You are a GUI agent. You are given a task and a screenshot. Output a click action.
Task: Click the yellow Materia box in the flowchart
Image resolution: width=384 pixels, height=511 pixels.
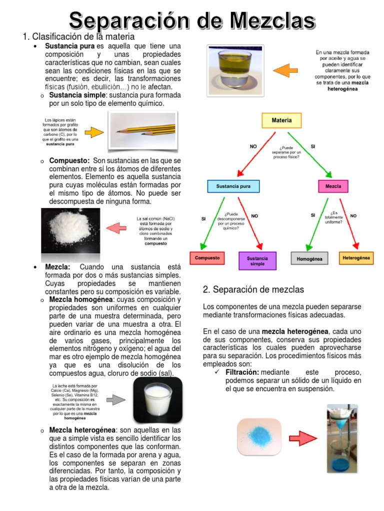click(281, 120)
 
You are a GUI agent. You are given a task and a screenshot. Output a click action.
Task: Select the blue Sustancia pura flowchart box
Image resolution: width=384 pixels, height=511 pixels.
click(233, 186)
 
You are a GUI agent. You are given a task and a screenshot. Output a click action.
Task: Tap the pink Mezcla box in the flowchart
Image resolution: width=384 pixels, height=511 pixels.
click(333, 186)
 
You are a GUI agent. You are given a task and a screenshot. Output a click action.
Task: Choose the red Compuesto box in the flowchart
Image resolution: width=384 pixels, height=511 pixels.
click(206, 258)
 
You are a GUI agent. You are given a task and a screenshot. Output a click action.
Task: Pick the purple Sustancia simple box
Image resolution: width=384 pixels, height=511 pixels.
click(257, 261)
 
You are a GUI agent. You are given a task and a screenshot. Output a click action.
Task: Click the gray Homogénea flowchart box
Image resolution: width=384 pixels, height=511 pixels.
click(309, 259)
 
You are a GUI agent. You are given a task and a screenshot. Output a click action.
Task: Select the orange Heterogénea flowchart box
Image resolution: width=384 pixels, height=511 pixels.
click(356, 258)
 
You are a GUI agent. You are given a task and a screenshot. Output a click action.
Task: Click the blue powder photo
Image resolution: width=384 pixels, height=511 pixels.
click(259, 438)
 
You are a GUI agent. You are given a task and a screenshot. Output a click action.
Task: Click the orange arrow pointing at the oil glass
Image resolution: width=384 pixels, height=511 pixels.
click(285, 70)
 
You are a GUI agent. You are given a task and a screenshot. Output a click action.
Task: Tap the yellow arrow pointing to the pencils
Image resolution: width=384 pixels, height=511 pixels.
click(93, 133)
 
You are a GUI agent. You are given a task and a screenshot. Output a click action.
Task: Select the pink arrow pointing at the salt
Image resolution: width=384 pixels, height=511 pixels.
click(115, 228)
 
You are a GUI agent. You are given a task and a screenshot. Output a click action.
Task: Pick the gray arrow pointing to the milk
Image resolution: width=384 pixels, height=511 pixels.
click(115, 400)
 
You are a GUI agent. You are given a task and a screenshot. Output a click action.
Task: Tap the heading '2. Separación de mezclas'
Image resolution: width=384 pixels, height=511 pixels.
click(253, 289)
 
